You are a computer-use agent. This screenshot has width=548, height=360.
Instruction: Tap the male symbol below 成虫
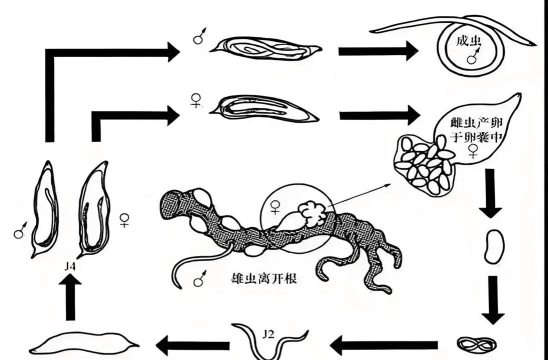pos(469,60)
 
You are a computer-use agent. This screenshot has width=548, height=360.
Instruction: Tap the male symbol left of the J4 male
pos(20,232)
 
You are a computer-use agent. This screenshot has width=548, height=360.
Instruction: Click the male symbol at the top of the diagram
pos(200,42)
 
